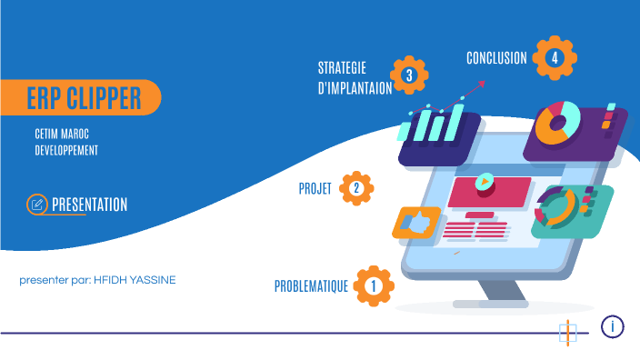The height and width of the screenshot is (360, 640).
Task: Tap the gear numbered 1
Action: (x=373, y=286)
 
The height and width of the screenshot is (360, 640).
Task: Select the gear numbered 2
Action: (x=356, y=188)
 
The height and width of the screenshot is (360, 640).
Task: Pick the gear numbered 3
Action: (x=409, y=75)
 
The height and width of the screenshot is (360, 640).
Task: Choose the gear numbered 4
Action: (x=554, y=58)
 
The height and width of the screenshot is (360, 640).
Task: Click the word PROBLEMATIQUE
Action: (x=312, y=286)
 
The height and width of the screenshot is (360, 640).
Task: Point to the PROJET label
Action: (x=315, y=189)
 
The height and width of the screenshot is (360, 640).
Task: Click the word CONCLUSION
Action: (x=496, y=58)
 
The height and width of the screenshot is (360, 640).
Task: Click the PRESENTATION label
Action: (x=89, y=205)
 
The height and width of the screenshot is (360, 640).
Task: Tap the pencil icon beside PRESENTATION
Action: (x=37, y=205)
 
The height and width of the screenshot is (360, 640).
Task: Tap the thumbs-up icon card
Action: (x=415, y=222)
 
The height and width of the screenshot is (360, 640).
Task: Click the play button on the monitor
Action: (x=485, y=181)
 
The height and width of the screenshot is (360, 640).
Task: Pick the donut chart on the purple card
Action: (x=557, y=123)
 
